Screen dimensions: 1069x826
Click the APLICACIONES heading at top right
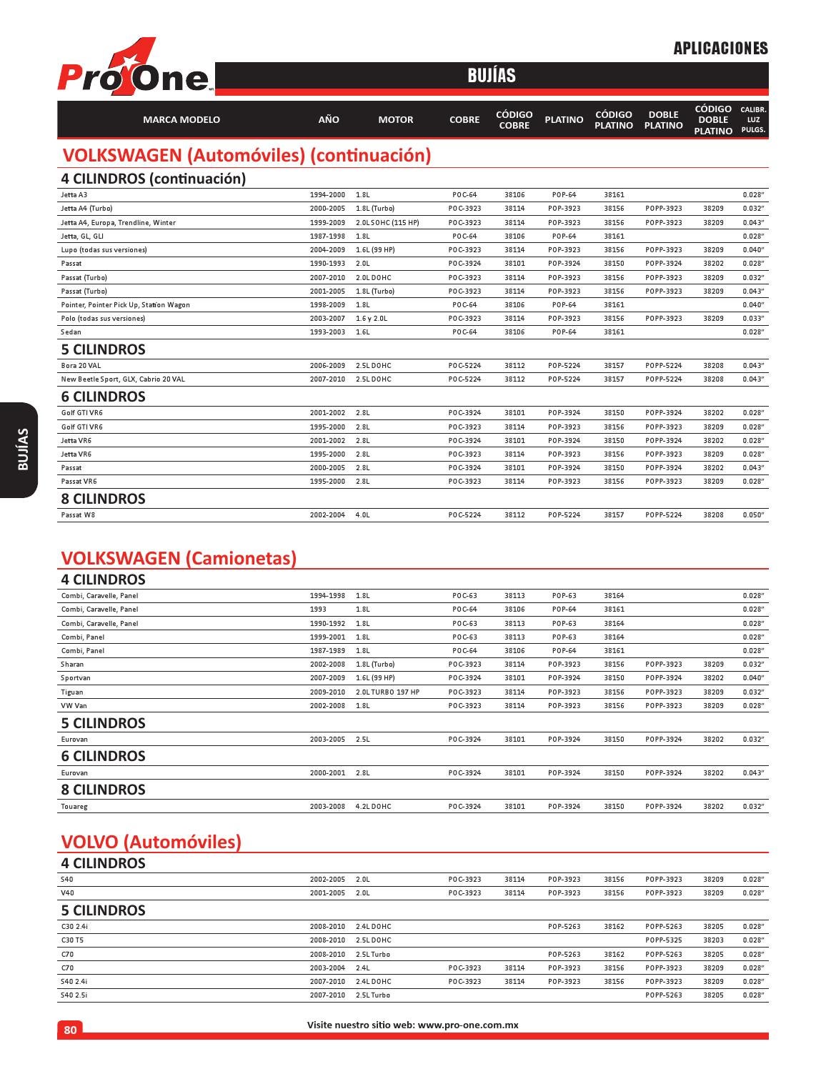click(x=720, y=49)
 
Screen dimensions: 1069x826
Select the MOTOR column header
click(x=395, y=120)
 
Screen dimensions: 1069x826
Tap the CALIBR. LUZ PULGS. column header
click(x=753, y=120)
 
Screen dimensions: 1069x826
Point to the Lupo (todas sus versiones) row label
click(x=104, y=250)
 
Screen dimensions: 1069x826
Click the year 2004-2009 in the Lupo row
click(x=327, y=250)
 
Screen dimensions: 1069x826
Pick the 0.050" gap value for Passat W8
click(x=753, y=515)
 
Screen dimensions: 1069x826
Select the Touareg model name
click(x=74, y=807)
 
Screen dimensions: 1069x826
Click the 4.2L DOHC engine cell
click(x=374, y=807)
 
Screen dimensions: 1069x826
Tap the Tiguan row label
click(x=72, y=692)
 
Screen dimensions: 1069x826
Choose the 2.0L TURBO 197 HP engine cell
click(x=388, y=692)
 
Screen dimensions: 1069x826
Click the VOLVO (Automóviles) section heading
click(x=151, y=842)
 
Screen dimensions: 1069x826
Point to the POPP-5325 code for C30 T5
click(x=663, y=940)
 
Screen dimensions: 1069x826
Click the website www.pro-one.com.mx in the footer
click(x=468, y=1025)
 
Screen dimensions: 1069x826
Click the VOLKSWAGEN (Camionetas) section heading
click(x=179, y=558)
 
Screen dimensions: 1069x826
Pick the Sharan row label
click(x=72, y=665)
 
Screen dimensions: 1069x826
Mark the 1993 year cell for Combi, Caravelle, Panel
click(x=318, y=610)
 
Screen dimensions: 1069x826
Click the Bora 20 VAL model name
click(x=81, y=366)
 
